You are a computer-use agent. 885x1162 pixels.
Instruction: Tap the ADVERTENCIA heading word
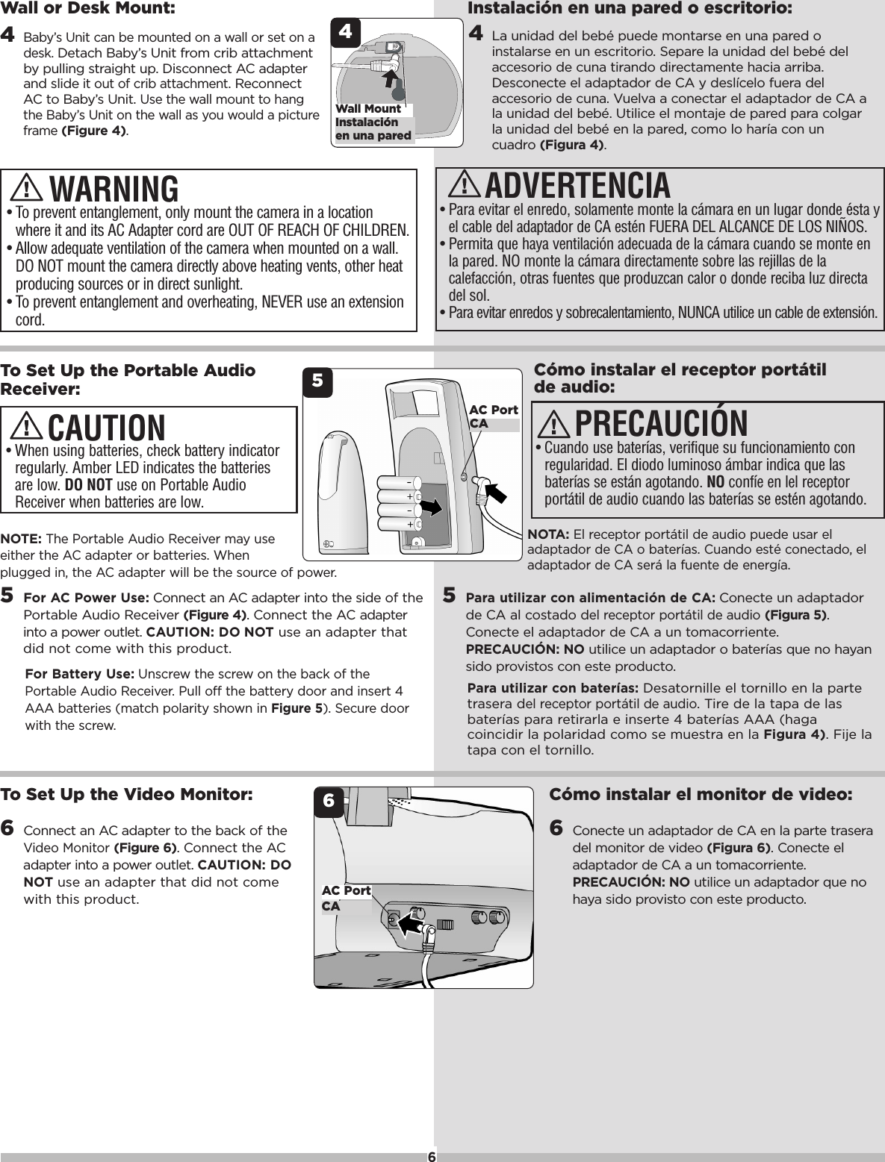coord(577,185)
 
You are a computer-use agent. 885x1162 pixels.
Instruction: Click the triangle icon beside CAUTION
coord(28,427)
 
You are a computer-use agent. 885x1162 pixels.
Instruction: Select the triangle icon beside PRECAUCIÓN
coord(555,423)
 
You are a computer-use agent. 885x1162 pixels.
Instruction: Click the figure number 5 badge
coord(317,381)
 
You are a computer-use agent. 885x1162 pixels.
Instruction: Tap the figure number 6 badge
coord(329,801)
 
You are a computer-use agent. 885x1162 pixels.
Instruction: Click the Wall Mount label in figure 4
coord(368,109)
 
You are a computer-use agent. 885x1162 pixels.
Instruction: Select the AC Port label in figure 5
coord(493,410)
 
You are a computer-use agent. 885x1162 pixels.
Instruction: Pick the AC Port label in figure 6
coord(346,890)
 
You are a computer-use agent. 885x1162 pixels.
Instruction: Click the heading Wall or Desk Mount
coord(88,9)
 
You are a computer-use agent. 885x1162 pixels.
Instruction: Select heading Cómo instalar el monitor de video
coord(700,793)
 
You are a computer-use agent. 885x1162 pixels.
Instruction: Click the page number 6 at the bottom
coord(432,1157)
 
